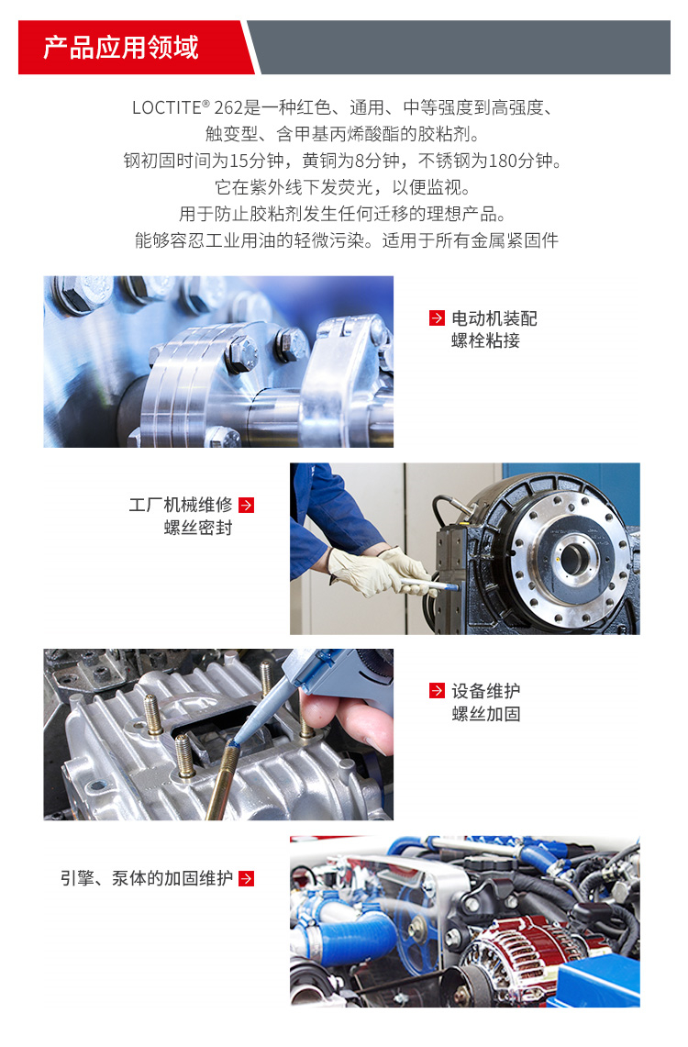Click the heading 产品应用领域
click(121, 48)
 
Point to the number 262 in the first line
click(228, 107)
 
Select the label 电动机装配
click(494, 318)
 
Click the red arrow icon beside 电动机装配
click(437, 318)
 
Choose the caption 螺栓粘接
click(486, 340)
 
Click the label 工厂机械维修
click(180, 505)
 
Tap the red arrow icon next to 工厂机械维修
click(246, 505)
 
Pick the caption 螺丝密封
click(198, 528)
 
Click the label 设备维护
click(486, 690)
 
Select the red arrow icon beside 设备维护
click(437, 690)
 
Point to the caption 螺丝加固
click(486, 714)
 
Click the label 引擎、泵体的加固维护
click(147, 878)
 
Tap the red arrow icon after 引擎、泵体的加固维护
click(246, 878)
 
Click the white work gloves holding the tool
click(381, 572)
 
